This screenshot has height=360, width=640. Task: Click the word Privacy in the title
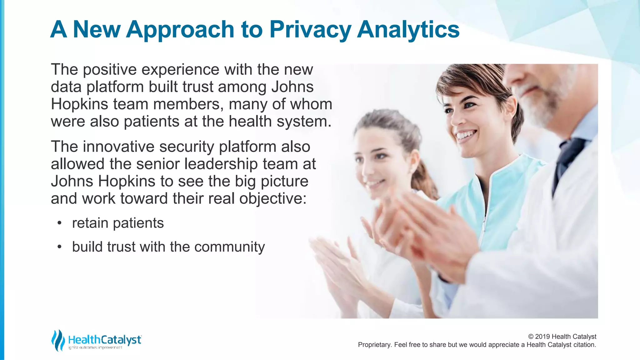(310, 30)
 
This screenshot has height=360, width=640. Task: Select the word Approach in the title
(180, 30)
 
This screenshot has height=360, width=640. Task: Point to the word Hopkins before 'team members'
(79, 104)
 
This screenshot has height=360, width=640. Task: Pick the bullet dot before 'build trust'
(59, 247)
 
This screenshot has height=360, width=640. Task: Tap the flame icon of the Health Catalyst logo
(58, 340)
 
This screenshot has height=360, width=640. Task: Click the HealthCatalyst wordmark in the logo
(105, 339)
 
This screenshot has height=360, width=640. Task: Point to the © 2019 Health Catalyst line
(562, 337)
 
